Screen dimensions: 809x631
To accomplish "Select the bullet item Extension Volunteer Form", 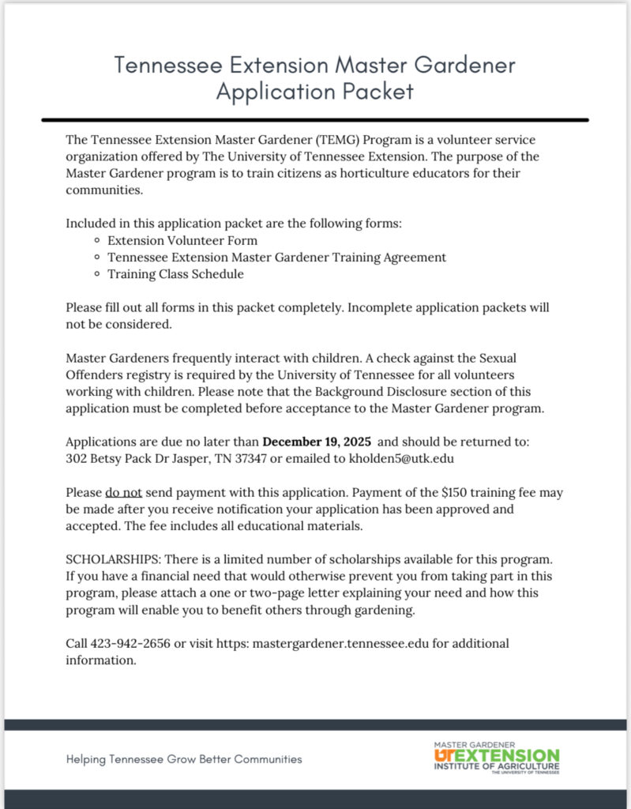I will (182, 240).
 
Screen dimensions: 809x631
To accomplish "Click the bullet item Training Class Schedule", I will (175, 274).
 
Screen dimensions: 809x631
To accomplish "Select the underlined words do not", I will (123, 492).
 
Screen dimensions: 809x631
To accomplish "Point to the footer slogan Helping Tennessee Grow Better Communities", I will (184, 759).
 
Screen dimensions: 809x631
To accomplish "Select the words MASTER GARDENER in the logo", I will (474, 744).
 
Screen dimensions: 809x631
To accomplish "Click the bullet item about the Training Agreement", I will (276, 258).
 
